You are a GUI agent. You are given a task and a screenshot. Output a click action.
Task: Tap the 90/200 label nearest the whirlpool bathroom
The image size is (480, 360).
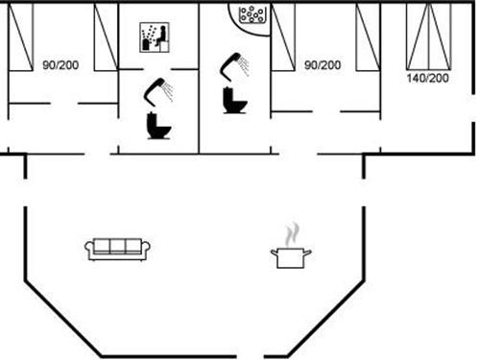tap(322, 64)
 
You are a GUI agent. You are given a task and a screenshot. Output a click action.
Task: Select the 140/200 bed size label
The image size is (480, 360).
tap(428, 78)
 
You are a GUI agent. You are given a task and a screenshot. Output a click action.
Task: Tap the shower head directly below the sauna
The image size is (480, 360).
tap(156, 91)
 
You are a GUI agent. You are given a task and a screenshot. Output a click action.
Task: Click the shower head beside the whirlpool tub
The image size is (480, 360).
tap(234, 65)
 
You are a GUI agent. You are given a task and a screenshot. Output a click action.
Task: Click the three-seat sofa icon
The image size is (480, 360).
tap(117, 249)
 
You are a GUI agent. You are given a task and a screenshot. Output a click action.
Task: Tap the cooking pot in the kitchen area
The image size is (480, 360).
tap(293, 256)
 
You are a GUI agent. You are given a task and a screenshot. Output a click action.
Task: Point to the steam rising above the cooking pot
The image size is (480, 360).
tap(293, 233)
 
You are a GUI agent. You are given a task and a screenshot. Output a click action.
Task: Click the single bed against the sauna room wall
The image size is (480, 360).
tap(105, 36)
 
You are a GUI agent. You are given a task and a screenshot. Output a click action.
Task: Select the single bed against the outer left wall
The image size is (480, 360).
tap(19, 29)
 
